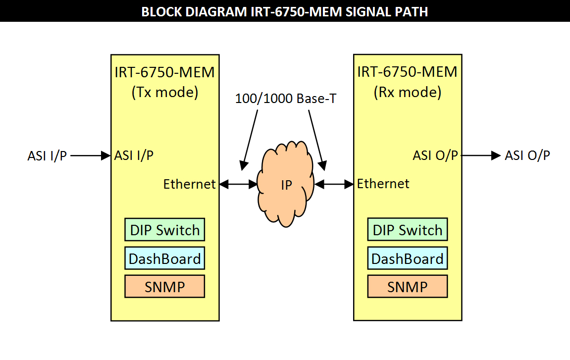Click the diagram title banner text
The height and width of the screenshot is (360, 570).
point(285,11)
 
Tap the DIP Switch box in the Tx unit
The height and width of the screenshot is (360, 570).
point(164,230)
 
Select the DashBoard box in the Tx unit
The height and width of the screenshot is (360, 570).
point(164,258)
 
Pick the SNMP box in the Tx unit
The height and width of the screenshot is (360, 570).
point(164,286)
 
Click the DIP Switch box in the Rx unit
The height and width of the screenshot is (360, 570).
point(407,230)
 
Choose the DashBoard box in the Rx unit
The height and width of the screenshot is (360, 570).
point(407,258)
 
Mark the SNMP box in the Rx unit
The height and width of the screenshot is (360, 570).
point(407,286)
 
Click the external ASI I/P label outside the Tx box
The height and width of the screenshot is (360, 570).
point(47,156)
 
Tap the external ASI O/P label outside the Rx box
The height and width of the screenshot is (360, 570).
point(527,155)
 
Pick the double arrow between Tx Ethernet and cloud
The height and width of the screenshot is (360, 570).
point(238,184)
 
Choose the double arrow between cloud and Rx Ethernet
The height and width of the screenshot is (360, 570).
point(334,184)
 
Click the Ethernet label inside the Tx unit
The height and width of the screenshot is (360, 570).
point(190,184)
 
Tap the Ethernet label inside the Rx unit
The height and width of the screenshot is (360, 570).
point(383,184)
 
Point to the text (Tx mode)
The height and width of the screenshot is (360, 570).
point(164,93)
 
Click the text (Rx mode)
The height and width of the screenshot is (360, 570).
point(407,92)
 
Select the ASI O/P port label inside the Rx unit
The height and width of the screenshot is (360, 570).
point(436,155)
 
